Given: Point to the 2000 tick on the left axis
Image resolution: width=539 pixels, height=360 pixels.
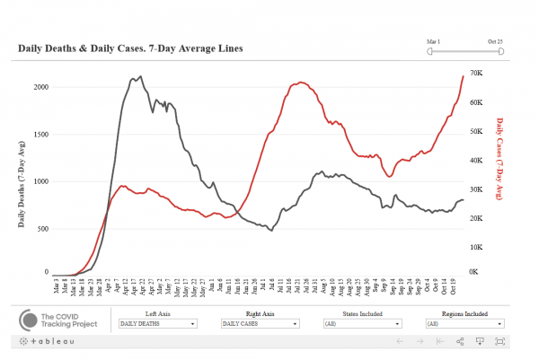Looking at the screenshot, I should click(x=39, y=87).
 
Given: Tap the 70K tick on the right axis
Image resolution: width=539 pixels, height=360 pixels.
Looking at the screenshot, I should click(x=476, y=73).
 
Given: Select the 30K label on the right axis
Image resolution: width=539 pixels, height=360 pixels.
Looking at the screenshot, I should click(x=476, y=189).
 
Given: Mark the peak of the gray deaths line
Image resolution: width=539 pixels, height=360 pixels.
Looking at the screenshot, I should click(x=137, y=77).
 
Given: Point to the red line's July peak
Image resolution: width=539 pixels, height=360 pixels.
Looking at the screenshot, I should click(x=300, y=83).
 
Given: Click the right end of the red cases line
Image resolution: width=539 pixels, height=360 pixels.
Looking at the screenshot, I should click(x=464, y=75).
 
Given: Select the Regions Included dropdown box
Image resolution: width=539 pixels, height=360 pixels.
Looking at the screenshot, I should click(x=464, y=323).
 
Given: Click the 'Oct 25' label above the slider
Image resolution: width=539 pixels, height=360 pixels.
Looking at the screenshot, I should click(x=495, y=40).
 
